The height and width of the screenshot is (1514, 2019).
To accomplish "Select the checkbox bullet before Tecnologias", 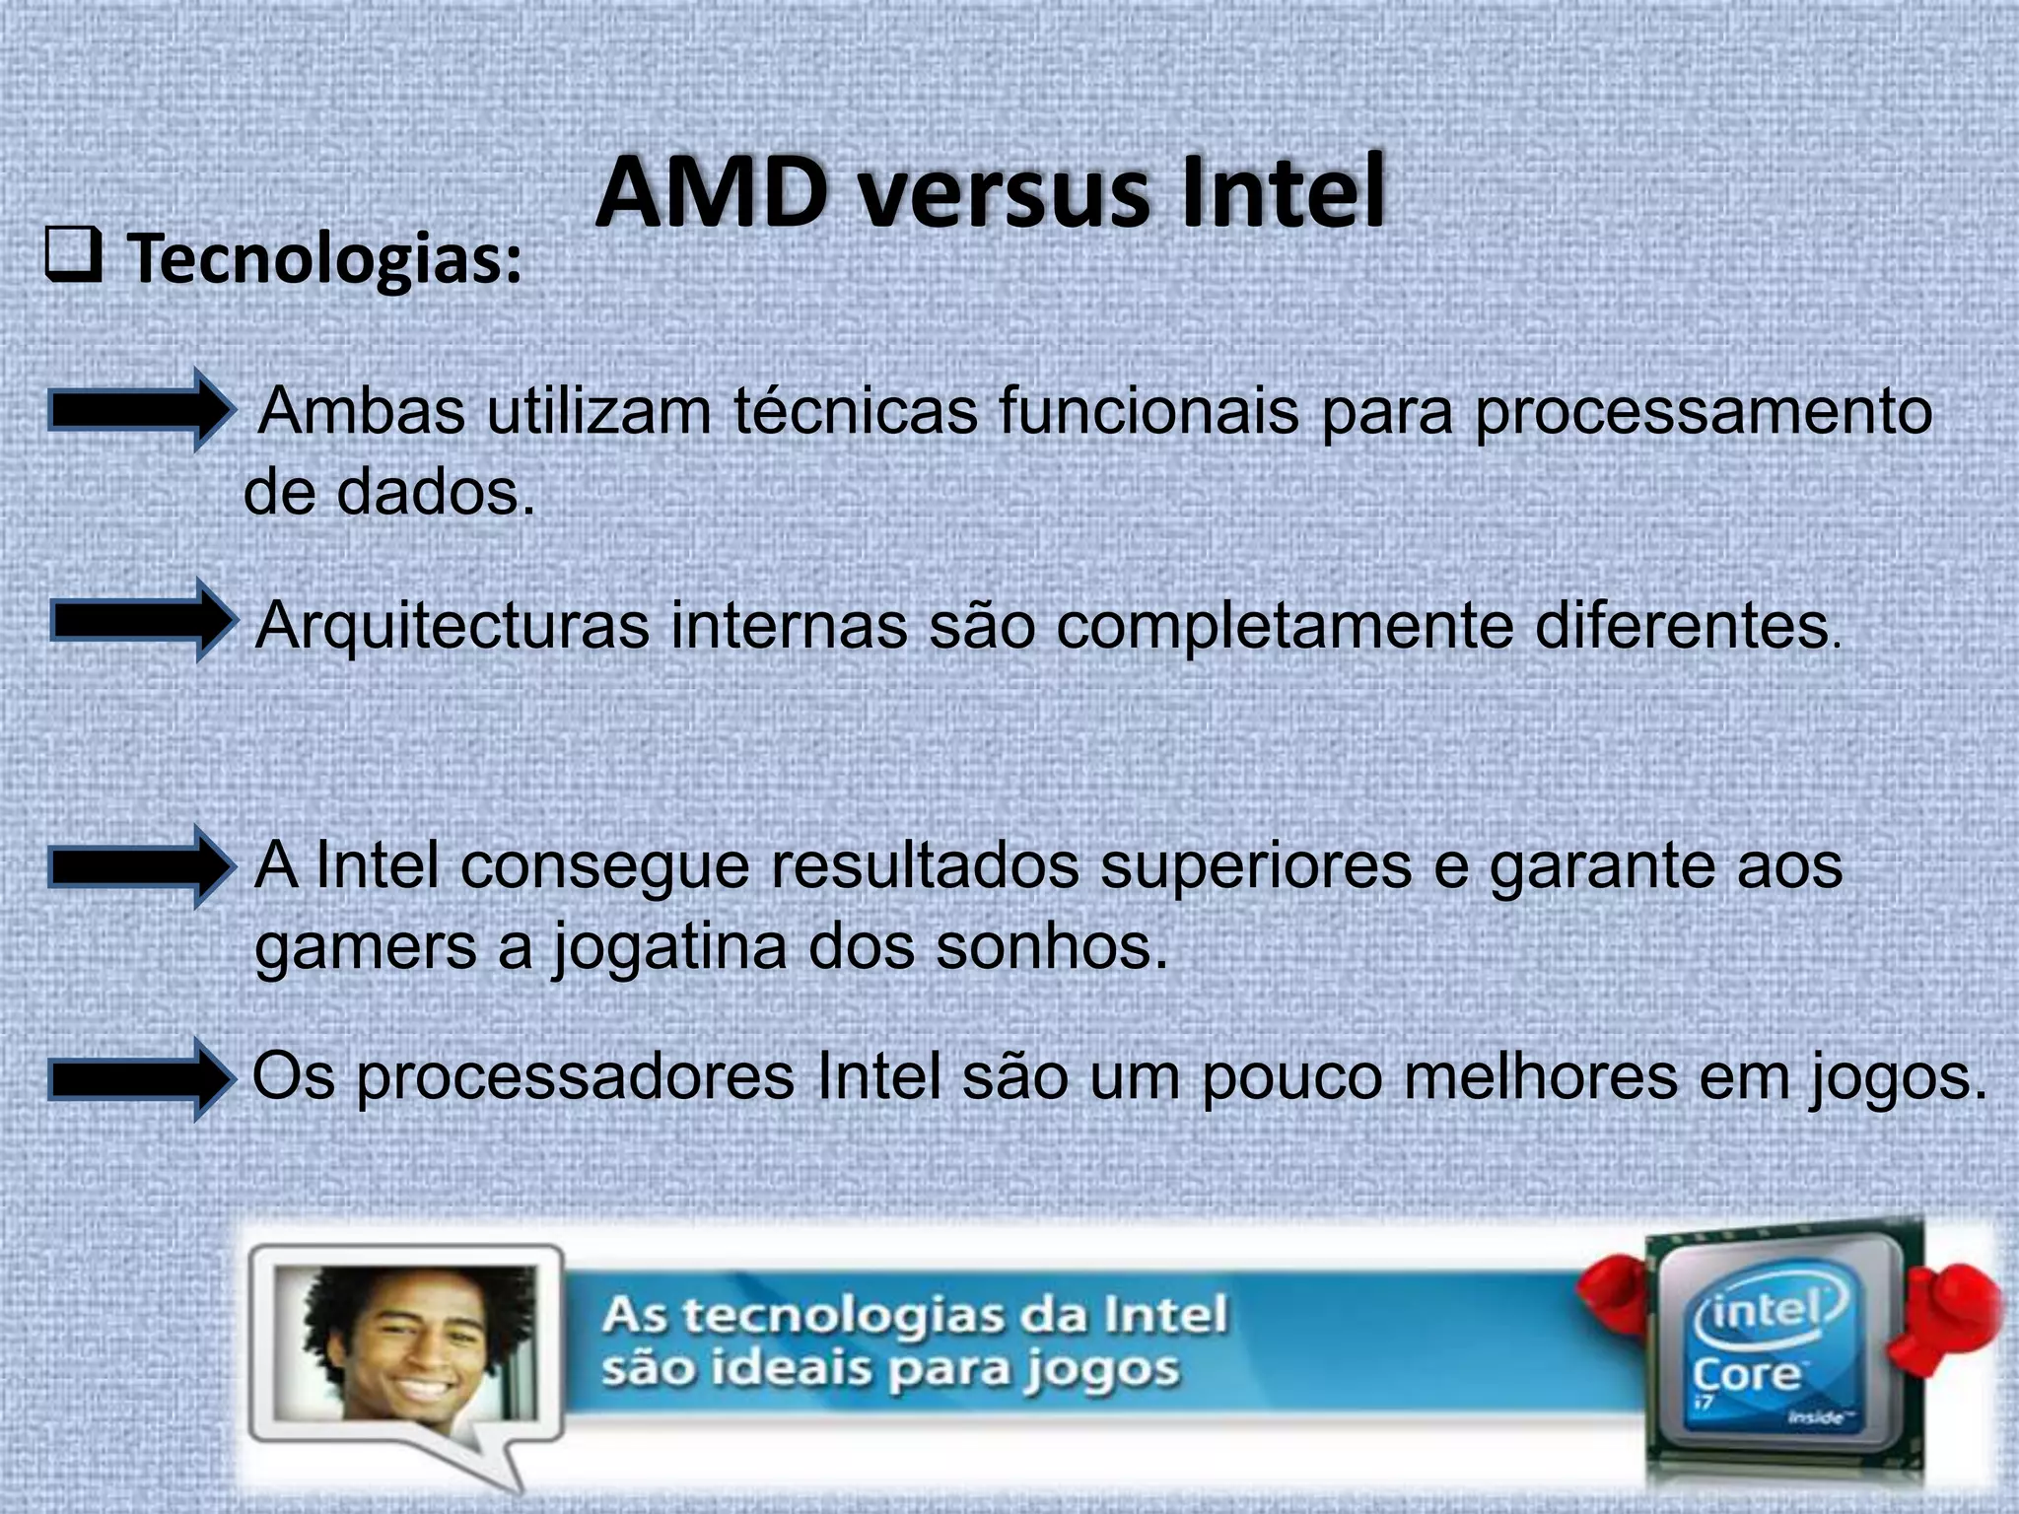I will [x=73, y=257].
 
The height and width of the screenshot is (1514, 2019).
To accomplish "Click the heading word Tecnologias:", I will [x=325, y=260].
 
